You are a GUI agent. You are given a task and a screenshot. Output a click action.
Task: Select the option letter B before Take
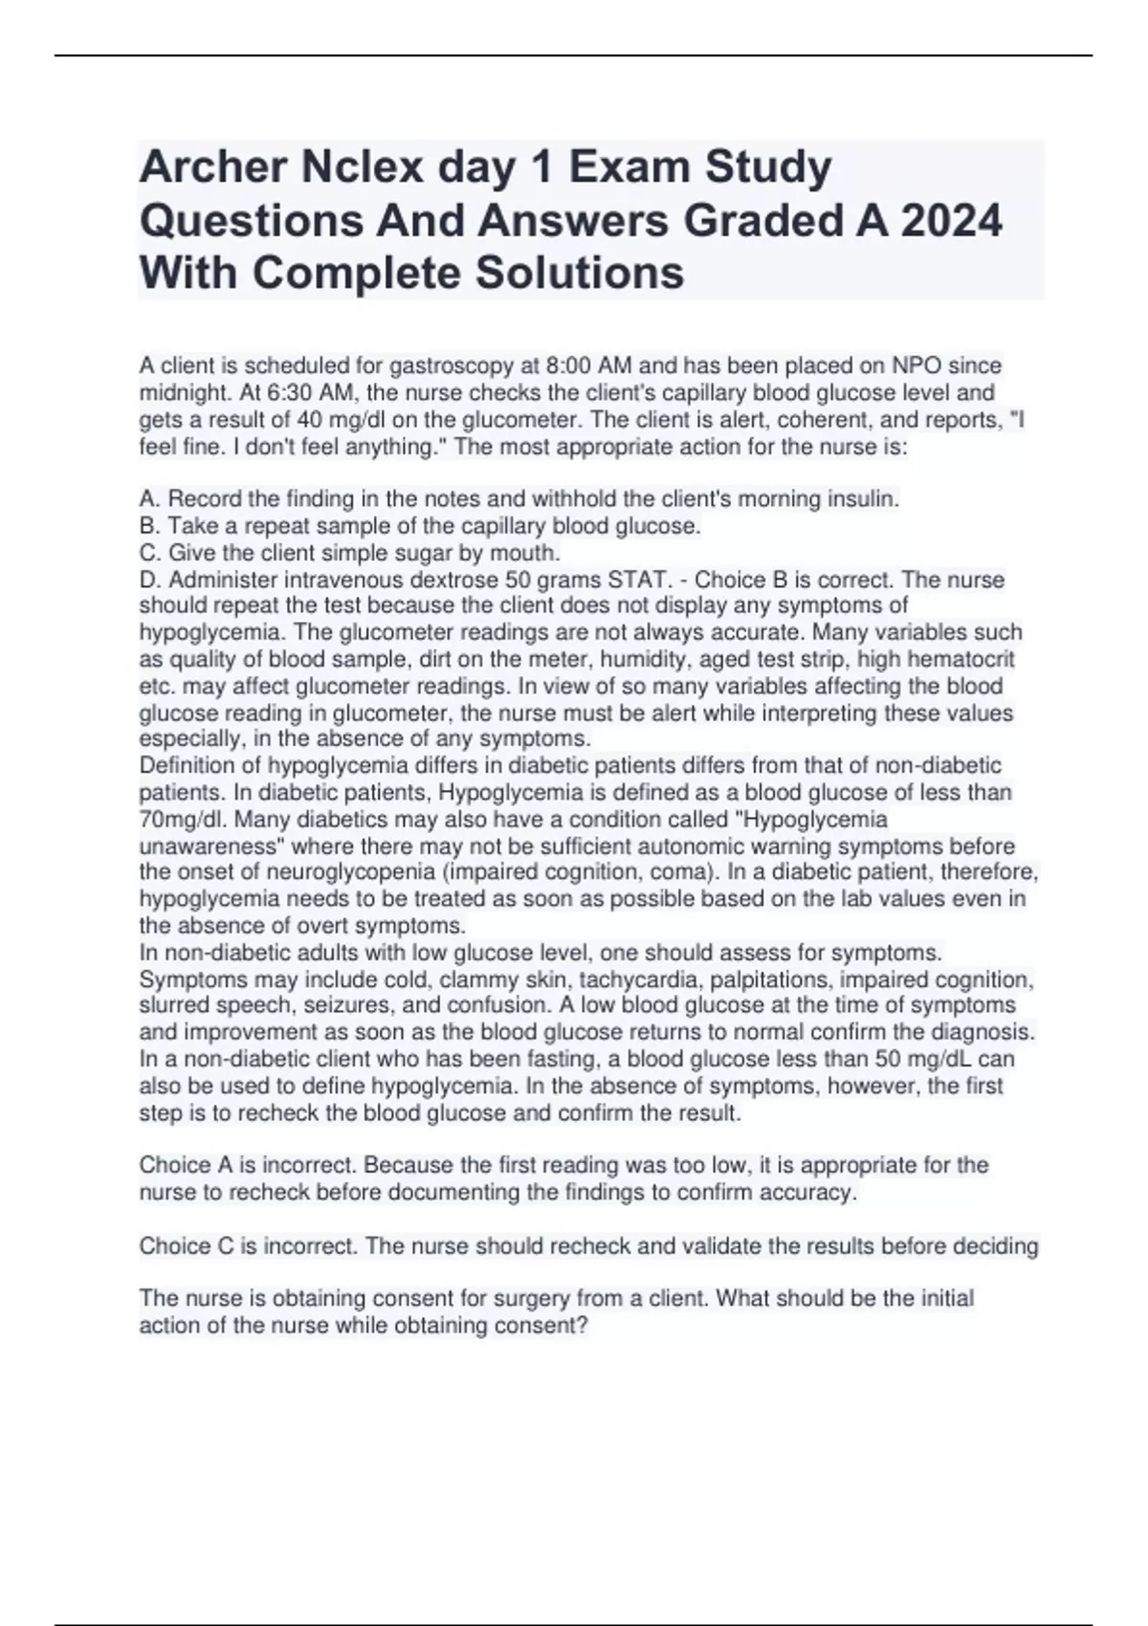148,526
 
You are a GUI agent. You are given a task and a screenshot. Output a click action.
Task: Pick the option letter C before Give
148,553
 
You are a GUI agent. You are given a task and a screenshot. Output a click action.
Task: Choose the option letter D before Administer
148,580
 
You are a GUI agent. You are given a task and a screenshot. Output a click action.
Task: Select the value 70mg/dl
183,819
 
